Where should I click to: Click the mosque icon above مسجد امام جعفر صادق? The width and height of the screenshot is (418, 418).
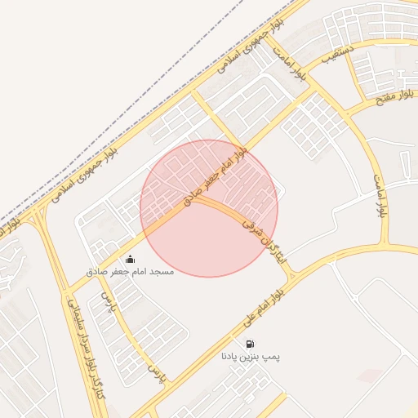coord(131,259)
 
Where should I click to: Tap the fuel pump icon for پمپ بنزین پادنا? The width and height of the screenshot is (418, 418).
coord(249,344)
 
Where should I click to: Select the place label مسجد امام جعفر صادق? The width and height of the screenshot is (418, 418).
coord(131,270)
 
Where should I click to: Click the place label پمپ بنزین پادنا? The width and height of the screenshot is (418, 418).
coord(249,357)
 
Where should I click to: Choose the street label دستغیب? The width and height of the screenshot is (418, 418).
coord(337,57)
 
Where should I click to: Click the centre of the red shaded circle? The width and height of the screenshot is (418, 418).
coord(209,208)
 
